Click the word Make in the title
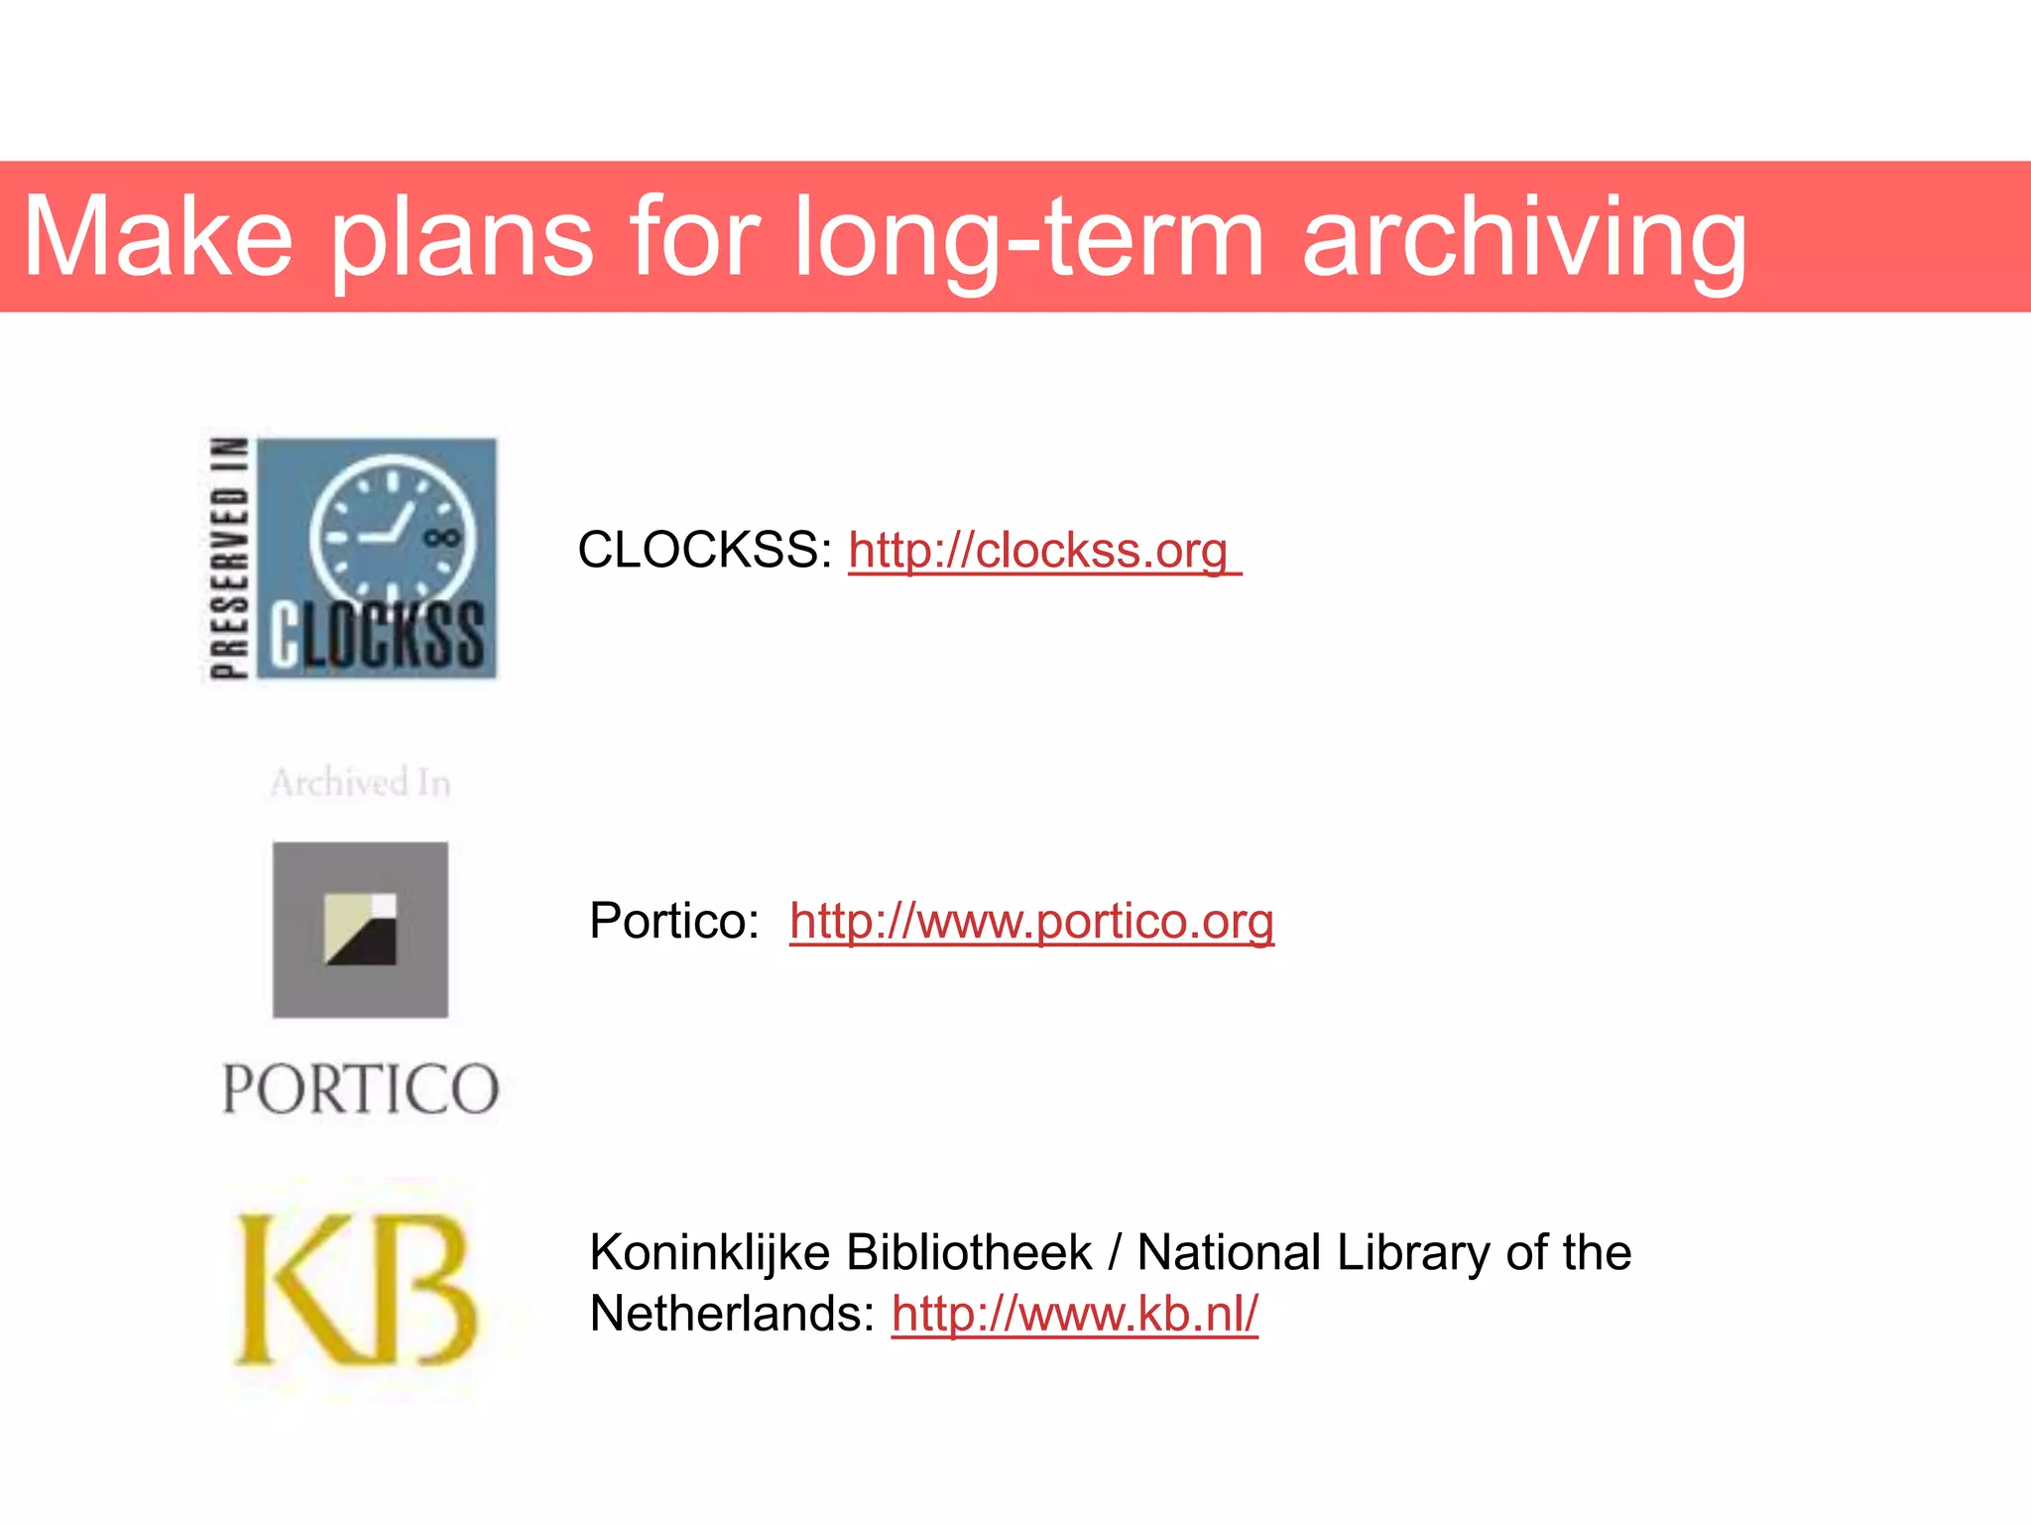tap(159, 238)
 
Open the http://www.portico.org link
tap(1031, 921)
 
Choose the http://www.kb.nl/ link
tap(1074, 1314)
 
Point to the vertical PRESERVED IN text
tap(229, 558)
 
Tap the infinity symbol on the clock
tap(441, 538)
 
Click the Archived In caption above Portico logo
tap(361, 783)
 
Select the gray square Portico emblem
tap(360, 930)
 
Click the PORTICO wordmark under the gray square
tap(360, 1088)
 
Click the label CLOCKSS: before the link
tap(704, 551)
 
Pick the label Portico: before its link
tap(674, 921)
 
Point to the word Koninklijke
tap(709, 1252)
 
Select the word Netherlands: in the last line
tap(732, 1314)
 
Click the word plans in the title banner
tap(461, 238)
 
